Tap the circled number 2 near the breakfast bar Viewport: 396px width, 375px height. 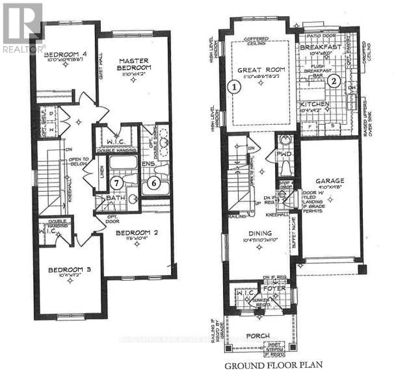coord(333,81)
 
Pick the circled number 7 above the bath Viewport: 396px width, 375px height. coord(117,183)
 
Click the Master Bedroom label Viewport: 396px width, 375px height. coord(135,64)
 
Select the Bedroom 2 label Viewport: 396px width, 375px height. coord(135,232)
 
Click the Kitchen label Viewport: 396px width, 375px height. coord(315,105)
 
